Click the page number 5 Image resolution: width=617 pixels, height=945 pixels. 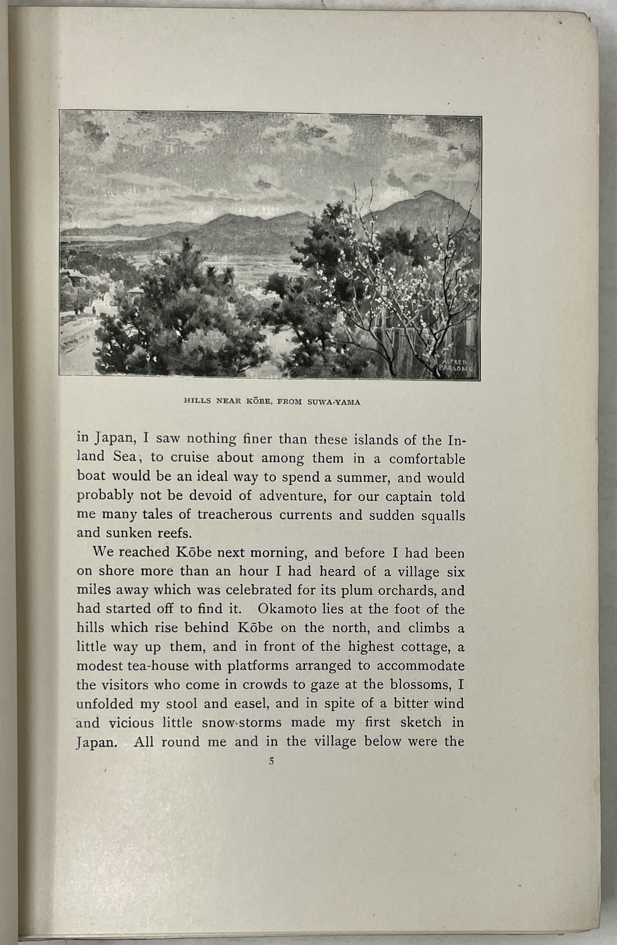[271, 762]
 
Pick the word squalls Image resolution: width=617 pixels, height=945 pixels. [442, 516]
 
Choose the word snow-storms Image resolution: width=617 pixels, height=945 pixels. [239, 722]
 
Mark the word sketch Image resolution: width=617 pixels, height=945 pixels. [418, 722]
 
